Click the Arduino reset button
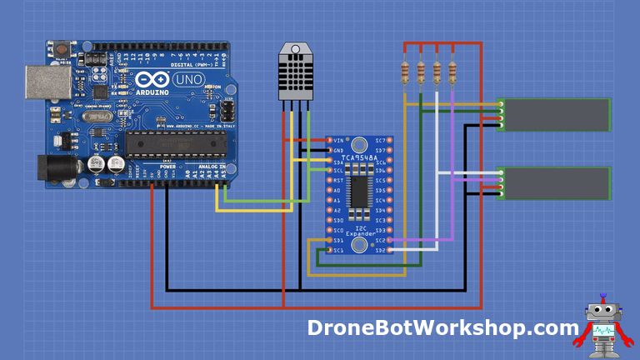(x=62, y=50)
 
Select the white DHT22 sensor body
(x=296, y=73)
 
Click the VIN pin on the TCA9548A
(x=328, y=140)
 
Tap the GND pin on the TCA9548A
(x=328, y=150)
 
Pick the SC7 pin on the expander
(x=389, y=140)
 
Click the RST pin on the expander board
(x=328, y=180)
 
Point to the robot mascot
(x=601, y=326)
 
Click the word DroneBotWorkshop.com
(x=442, y=327)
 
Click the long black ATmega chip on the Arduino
(x=176, y=144)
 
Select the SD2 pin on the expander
(x=389, y=250)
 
